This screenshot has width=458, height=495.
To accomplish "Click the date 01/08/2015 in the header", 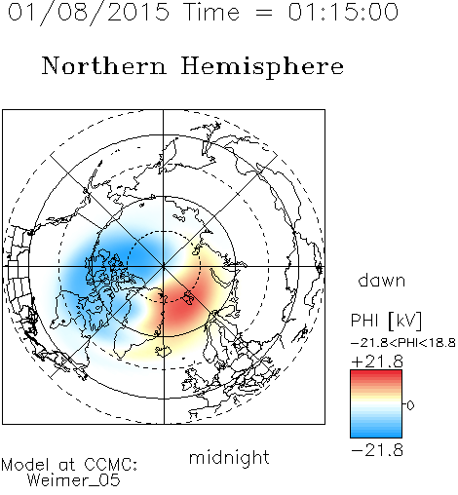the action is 89,13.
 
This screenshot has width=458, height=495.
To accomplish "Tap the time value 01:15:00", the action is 343,12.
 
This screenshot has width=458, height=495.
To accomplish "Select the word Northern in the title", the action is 104,65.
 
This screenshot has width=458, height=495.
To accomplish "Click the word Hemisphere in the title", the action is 262,67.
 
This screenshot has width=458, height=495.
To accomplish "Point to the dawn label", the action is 382,281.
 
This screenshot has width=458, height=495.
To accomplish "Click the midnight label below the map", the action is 229,458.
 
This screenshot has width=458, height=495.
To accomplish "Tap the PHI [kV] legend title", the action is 386,321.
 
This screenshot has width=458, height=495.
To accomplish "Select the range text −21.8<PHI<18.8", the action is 403,343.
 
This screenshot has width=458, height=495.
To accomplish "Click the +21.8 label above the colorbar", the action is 377,362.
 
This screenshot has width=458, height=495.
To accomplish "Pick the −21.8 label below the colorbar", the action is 377,450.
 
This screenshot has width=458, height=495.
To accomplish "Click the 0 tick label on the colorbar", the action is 410,405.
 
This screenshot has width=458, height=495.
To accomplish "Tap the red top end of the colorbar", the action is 376,372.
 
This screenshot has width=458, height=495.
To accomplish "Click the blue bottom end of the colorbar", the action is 376,435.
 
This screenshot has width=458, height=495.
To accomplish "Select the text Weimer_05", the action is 74,480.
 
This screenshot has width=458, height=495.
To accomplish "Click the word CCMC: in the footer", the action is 111,465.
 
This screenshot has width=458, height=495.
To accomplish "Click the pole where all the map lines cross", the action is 164,266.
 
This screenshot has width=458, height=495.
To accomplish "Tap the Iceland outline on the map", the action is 164,351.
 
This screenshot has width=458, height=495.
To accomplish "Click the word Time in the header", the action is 211,12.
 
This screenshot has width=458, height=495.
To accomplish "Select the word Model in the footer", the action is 25,465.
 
